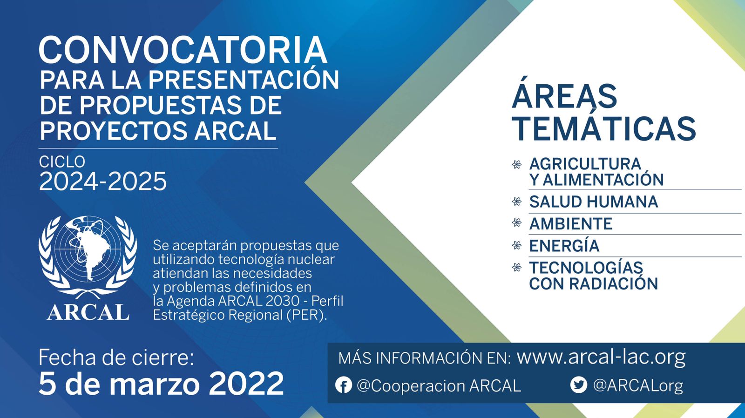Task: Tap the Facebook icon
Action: click(344, 385)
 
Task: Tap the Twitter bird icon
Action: click(579, 385)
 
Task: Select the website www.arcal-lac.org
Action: click(601, 357)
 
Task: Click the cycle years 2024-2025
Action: click(103, 181)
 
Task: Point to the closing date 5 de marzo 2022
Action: click(161, 383)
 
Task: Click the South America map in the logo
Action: click(91, 251)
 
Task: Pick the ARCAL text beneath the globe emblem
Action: click(88, 313)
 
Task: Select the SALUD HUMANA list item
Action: click(594, 202)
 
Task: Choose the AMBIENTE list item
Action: click(571, 223)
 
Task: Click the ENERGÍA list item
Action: click(564, 245)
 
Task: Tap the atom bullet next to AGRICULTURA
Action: click(517, 164)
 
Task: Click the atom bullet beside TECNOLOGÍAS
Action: click(517, 267)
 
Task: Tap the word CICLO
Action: click(62, 162)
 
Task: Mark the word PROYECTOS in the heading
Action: click(114, 131)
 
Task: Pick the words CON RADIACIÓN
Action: click(594, 283)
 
